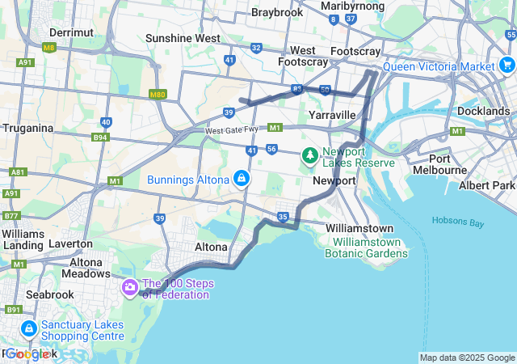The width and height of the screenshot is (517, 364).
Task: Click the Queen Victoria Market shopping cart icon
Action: click(506, 65)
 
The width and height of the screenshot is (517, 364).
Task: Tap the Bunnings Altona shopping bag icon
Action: click(241, 178)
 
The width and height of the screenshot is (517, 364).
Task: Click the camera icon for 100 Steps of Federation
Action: click(130, 286)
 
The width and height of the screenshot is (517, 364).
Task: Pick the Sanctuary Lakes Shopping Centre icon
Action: click(29, 328)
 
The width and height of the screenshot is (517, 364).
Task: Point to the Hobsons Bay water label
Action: click(456, 220)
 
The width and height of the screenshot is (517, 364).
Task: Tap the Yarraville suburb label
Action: click(332, 115)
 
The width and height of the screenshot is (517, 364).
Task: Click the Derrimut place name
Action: click(71, 32)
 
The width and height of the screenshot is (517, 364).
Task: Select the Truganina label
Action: click(27, 128)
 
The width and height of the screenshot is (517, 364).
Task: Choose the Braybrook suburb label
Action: click(277, 12)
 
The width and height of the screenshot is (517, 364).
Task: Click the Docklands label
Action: click(483, 111)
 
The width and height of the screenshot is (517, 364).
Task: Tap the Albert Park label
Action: click(486, 186)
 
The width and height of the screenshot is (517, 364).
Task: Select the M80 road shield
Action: click(158, 95)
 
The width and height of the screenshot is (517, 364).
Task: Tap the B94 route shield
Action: click(100, 138)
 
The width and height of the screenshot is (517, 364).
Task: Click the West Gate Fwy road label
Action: click(233, 130)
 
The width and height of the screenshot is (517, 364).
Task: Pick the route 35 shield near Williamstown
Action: click(283, 216)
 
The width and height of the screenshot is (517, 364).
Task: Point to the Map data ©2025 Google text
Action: click(467, 358)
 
